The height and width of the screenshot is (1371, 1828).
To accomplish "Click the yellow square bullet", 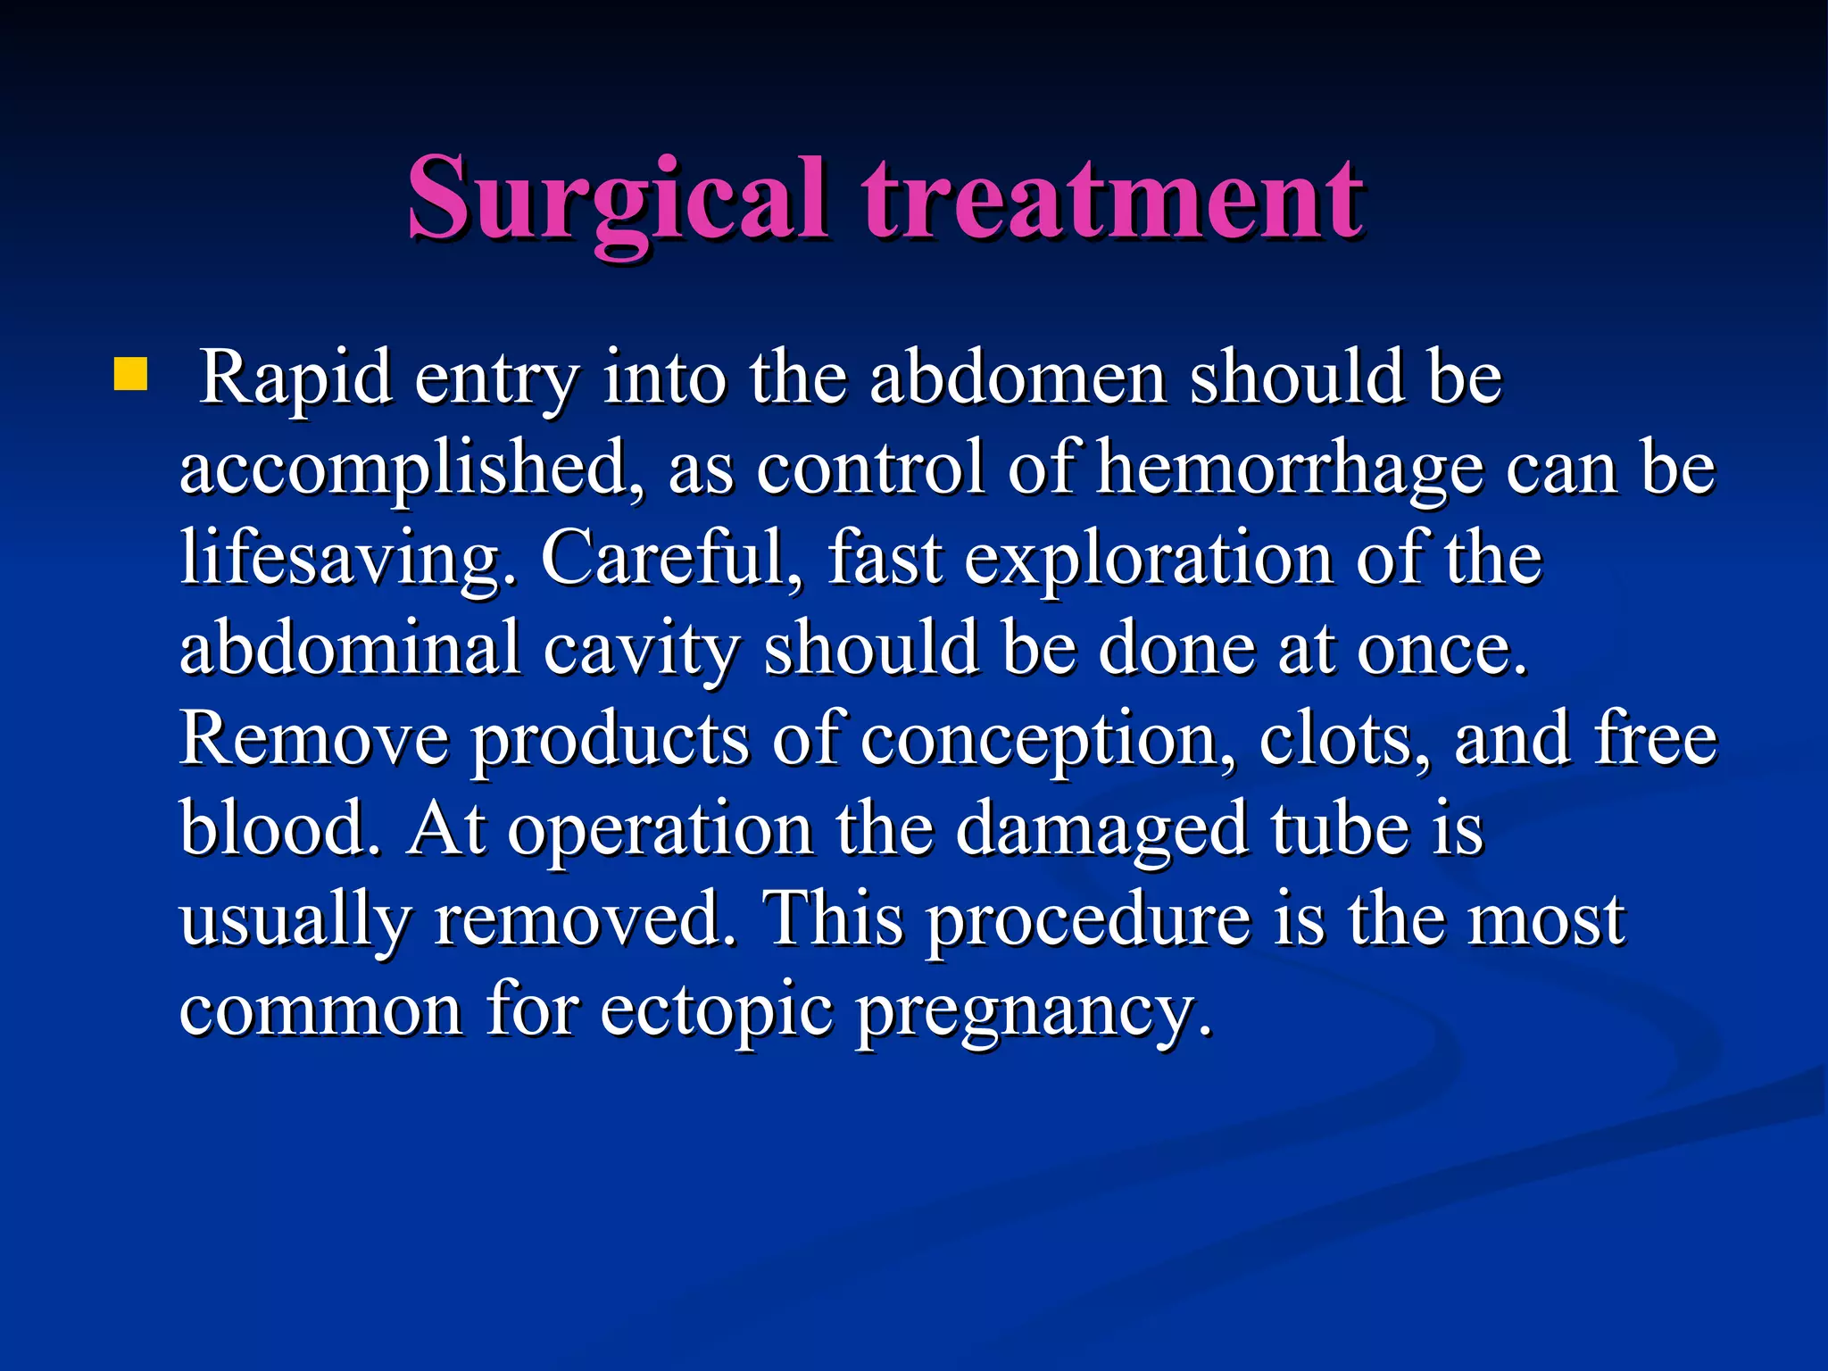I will click(130, 375).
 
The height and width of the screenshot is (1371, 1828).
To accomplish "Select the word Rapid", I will click(295, 378).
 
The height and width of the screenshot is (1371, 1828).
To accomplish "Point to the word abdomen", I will click(1018, 378).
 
